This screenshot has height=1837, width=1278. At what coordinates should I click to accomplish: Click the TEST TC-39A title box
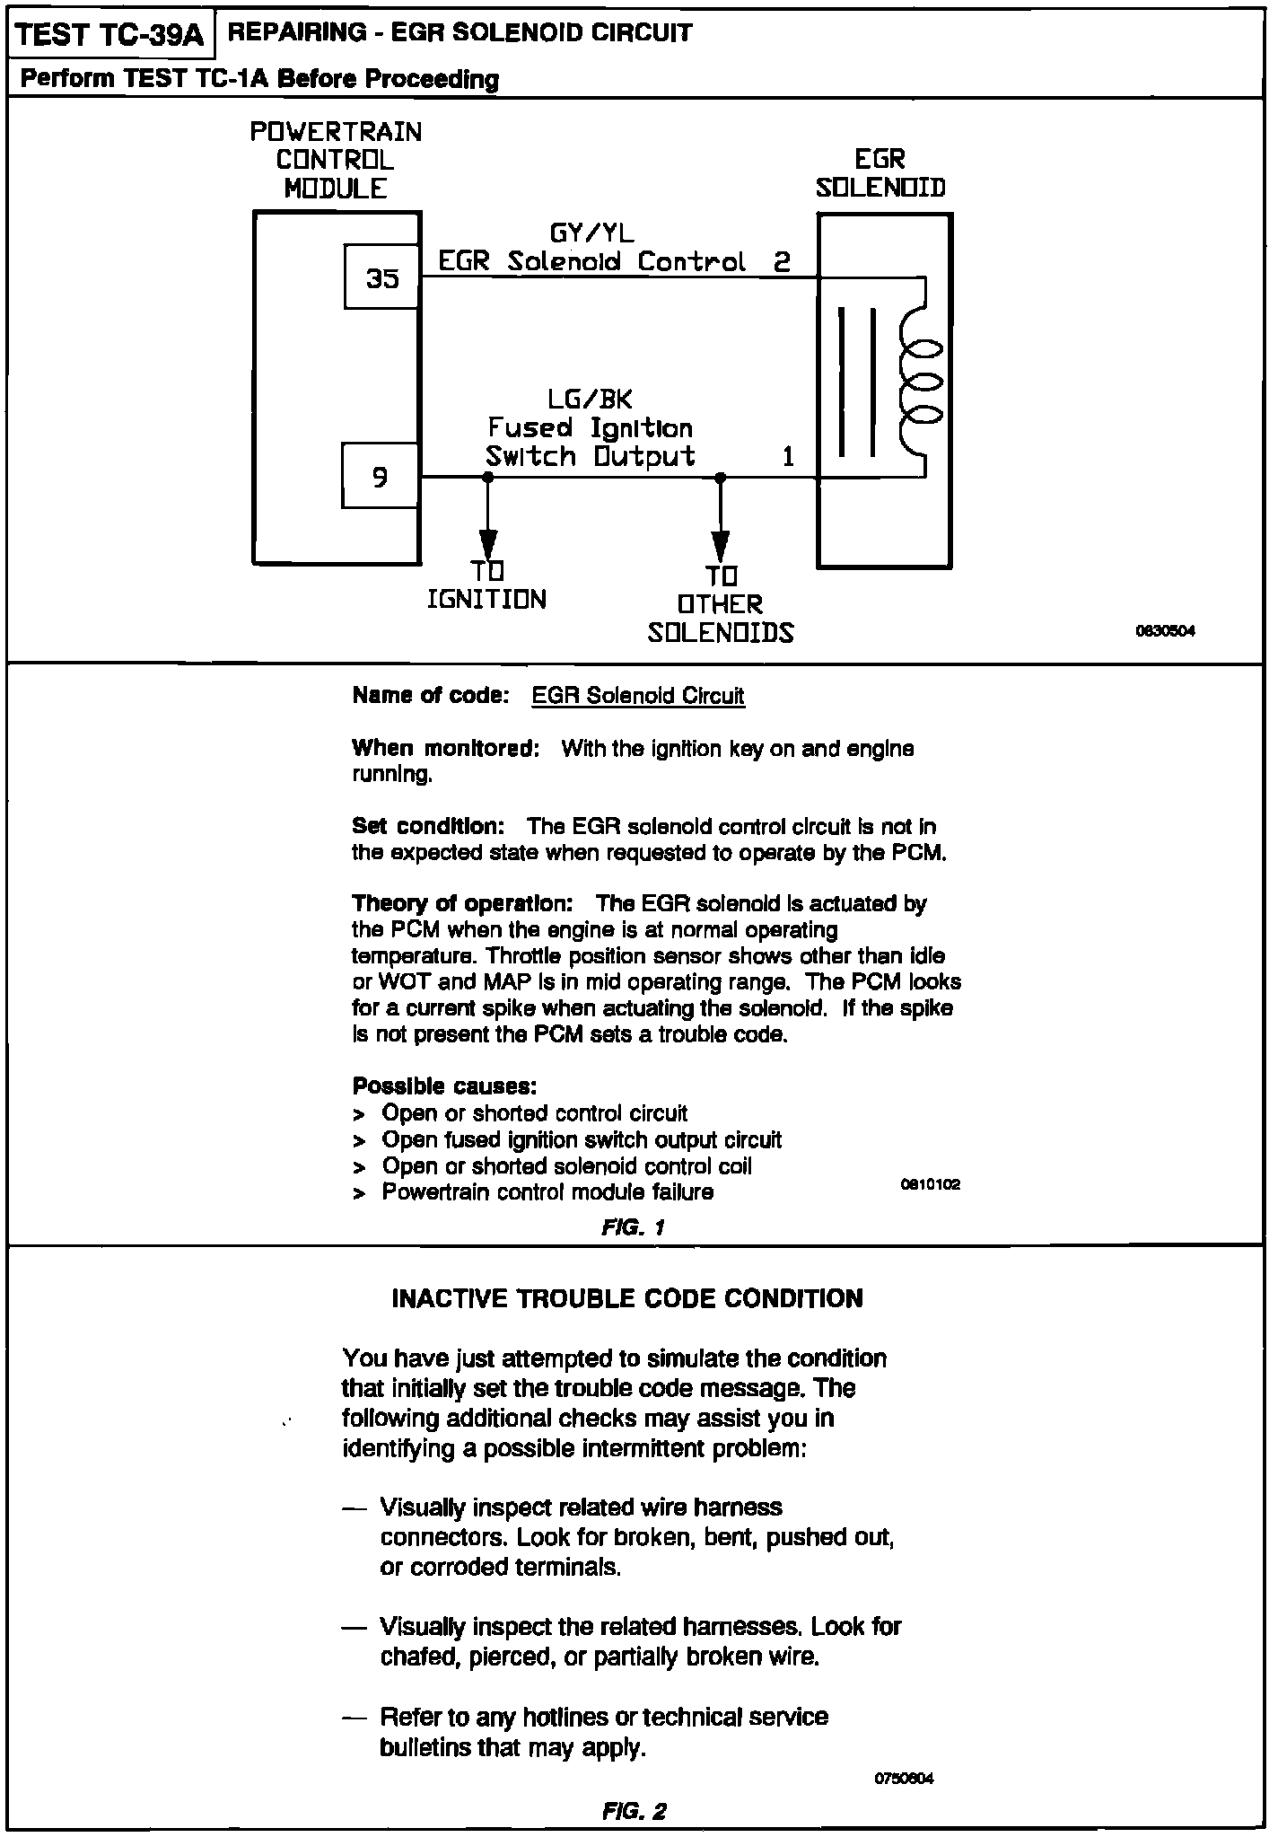[109, 36]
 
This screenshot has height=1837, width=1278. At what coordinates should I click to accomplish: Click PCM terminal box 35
[382, 277]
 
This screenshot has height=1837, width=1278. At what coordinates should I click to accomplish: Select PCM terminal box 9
[381, 476]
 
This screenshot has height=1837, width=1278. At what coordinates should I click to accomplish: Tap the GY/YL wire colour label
[591, 233]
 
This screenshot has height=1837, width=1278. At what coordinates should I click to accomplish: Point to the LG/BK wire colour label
[590, 399]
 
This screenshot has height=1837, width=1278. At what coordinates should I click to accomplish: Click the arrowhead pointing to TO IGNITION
[488, 543]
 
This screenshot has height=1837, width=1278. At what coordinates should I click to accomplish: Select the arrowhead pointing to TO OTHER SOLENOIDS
[720, 545]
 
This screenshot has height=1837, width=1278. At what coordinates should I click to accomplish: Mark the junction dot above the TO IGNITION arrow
[488, 478]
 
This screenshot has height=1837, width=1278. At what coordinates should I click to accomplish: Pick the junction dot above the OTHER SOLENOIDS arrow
[720, 478]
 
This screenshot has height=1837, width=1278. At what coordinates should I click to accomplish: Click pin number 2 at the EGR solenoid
[782, 261]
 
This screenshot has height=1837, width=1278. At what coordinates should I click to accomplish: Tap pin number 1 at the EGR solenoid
[788, 457]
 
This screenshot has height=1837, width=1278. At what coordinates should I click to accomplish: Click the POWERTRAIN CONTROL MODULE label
[336, 160]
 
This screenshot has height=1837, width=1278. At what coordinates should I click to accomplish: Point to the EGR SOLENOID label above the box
[880, 173]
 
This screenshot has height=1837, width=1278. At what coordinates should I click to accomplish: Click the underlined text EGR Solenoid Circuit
[638, 696]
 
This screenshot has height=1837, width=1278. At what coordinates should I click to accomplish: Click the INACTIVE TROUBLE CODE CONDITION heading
[627, 1298]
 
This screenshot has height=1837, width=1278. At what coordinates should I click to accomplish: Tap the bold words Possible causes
[444, 1086]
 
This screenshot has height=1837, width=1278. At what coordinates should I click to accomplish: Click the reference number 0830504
[1166, 631]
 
